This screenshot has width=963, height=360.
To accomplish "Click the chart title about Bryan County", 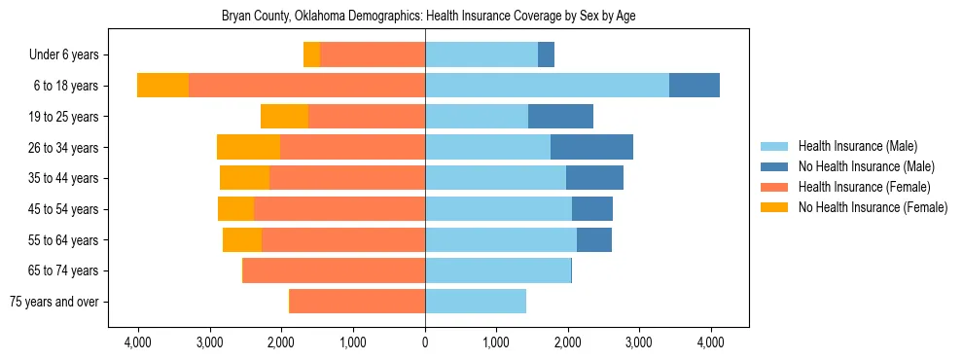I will click(428, 17).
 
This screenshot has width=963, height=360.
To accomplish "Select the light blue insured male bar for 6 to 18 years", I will click(547, 86).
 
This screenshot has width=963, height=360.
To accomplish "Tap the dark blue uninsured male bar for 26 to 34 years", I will click(591, 147).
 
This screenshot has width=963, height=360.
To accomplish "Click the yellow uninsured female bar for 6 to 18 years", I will click(162, 86).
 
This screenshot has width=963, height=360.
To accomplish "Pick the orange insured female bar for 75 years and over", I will click(358, 302).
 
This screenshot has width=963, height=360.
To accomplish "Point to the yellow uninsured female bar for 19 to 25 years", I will click(284, 117).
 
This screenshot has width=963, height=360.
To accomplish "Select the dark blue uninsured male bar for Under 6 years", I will click(546, 54).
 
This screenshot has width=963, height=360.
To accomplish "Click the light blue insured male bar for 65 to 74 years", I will click(497, 270).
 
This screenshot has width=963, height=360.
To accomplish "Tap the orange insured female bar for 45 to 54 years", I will click(339, 209).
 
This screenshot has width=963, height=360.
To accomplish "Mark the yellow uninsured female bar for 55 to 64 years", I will click(242, 239).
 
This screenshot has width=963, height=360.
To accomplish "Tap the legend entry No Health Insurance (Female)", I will click(872, 207).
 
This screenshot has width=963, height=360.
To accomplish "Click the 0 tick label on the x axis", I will click(425, 342).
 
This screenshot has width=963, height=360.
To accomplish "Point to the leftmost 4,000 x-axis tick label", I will click(138, 342).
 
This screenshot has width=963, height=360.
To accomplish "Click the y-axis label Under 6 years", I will click(70, 55).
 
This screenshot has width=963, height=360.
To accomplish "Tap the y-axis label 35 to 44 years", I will click(70, 178).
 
